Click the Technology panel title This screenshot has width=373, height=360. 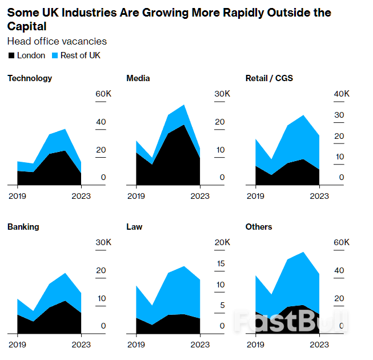(x=30, y=78)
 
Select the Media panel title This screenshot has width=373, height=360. (x=138, y=78)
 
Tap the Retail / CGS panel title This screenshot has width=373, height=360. (x=269, y=78)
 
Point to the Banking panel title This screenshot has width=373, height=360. (x=23, y=227)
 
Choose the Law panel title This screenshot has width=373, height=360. (x=134, y=227)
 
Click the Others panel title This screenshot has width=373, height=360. (x=259, y=227)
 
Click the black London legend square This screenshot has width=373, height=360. (x=11, y=56)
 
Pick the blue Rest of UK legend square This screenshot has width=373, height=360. (x=54, y=56)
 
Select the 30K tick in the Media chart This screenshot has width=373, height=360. (x=222, y=94)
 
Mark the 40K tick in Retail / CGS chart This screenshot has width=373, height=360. (x=342, y=94)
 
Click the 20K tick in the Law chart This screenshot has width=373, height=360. (x=222, y=242)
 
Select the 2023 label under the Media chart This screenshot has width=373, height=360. (x=200, y=196)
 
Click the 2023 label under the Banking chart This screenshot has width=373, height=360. (x=81, y=345)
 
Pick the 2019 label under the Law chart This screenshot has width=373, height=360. (x=136, y=345)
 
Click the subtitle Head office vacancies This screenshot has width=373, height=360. (x=57, y=41)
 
